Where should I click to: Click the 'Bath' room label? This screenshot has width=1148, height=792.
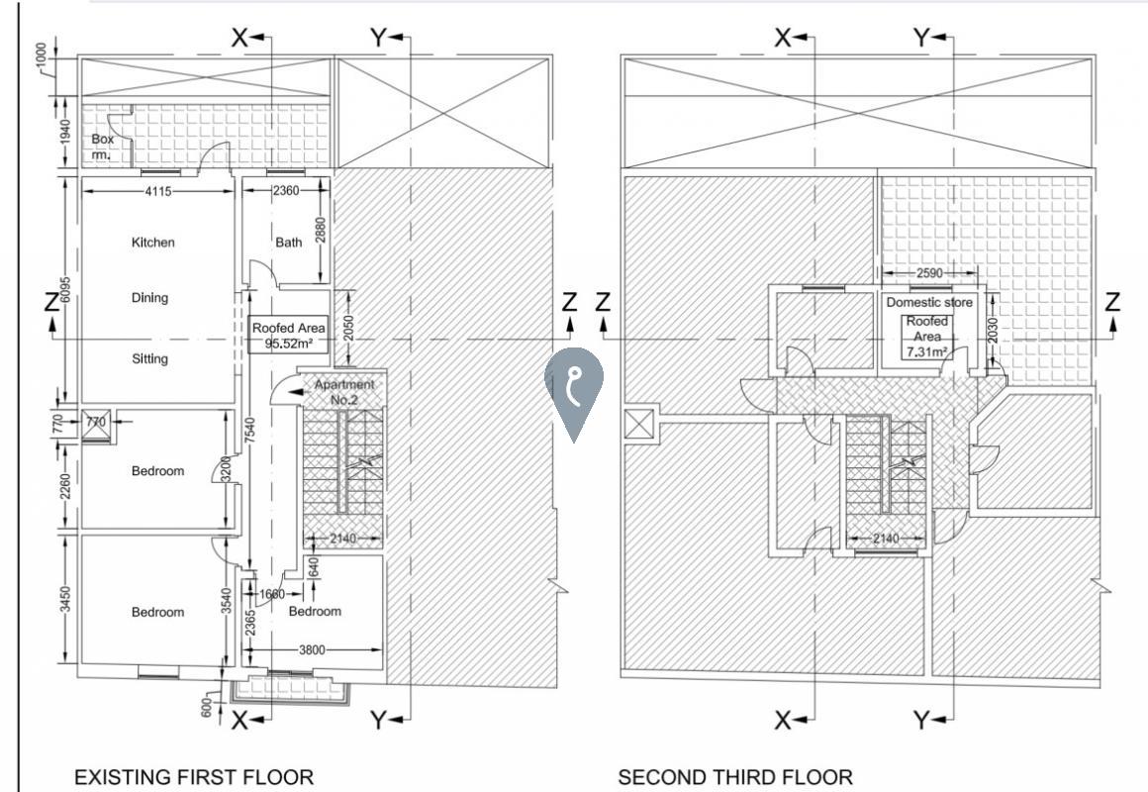288,242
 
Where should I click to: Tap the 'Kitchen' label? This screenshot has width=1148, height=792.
153,242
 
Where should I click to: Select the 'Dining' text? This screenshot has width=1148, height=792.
150,297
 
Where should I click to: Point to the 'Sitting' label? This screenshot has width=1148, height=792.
150,358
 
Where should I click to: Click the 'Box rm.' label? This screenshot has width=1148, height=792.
103,146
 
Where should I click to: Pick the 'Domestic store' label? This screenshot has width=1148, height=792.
929,302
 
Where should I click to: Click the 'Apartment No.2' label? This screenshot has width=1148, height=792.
343,392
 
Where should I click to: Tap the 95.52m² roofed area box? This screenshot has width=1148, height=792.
288,335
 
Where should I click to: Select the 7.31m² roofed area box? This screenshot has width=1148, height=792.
927,337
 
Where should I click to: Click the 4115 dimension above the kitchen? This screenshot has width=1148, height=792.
158,191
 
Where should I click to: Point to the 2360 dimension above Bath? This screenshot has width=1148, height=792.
286,190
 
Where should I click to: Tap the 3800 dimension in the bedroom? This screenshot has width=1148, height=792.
312,649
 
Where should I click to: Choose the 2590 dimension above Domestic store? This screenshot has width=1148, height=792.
929,273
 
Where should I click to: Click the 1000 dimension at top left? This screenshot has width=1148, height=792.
41,56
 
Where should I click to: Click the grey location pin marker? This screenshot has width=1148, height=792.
573,388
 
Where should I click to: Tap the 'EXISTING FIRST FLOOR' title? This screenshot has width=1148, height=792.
194,776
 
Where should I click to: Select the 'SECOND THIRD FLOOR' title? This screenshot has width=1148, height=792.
735,776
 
